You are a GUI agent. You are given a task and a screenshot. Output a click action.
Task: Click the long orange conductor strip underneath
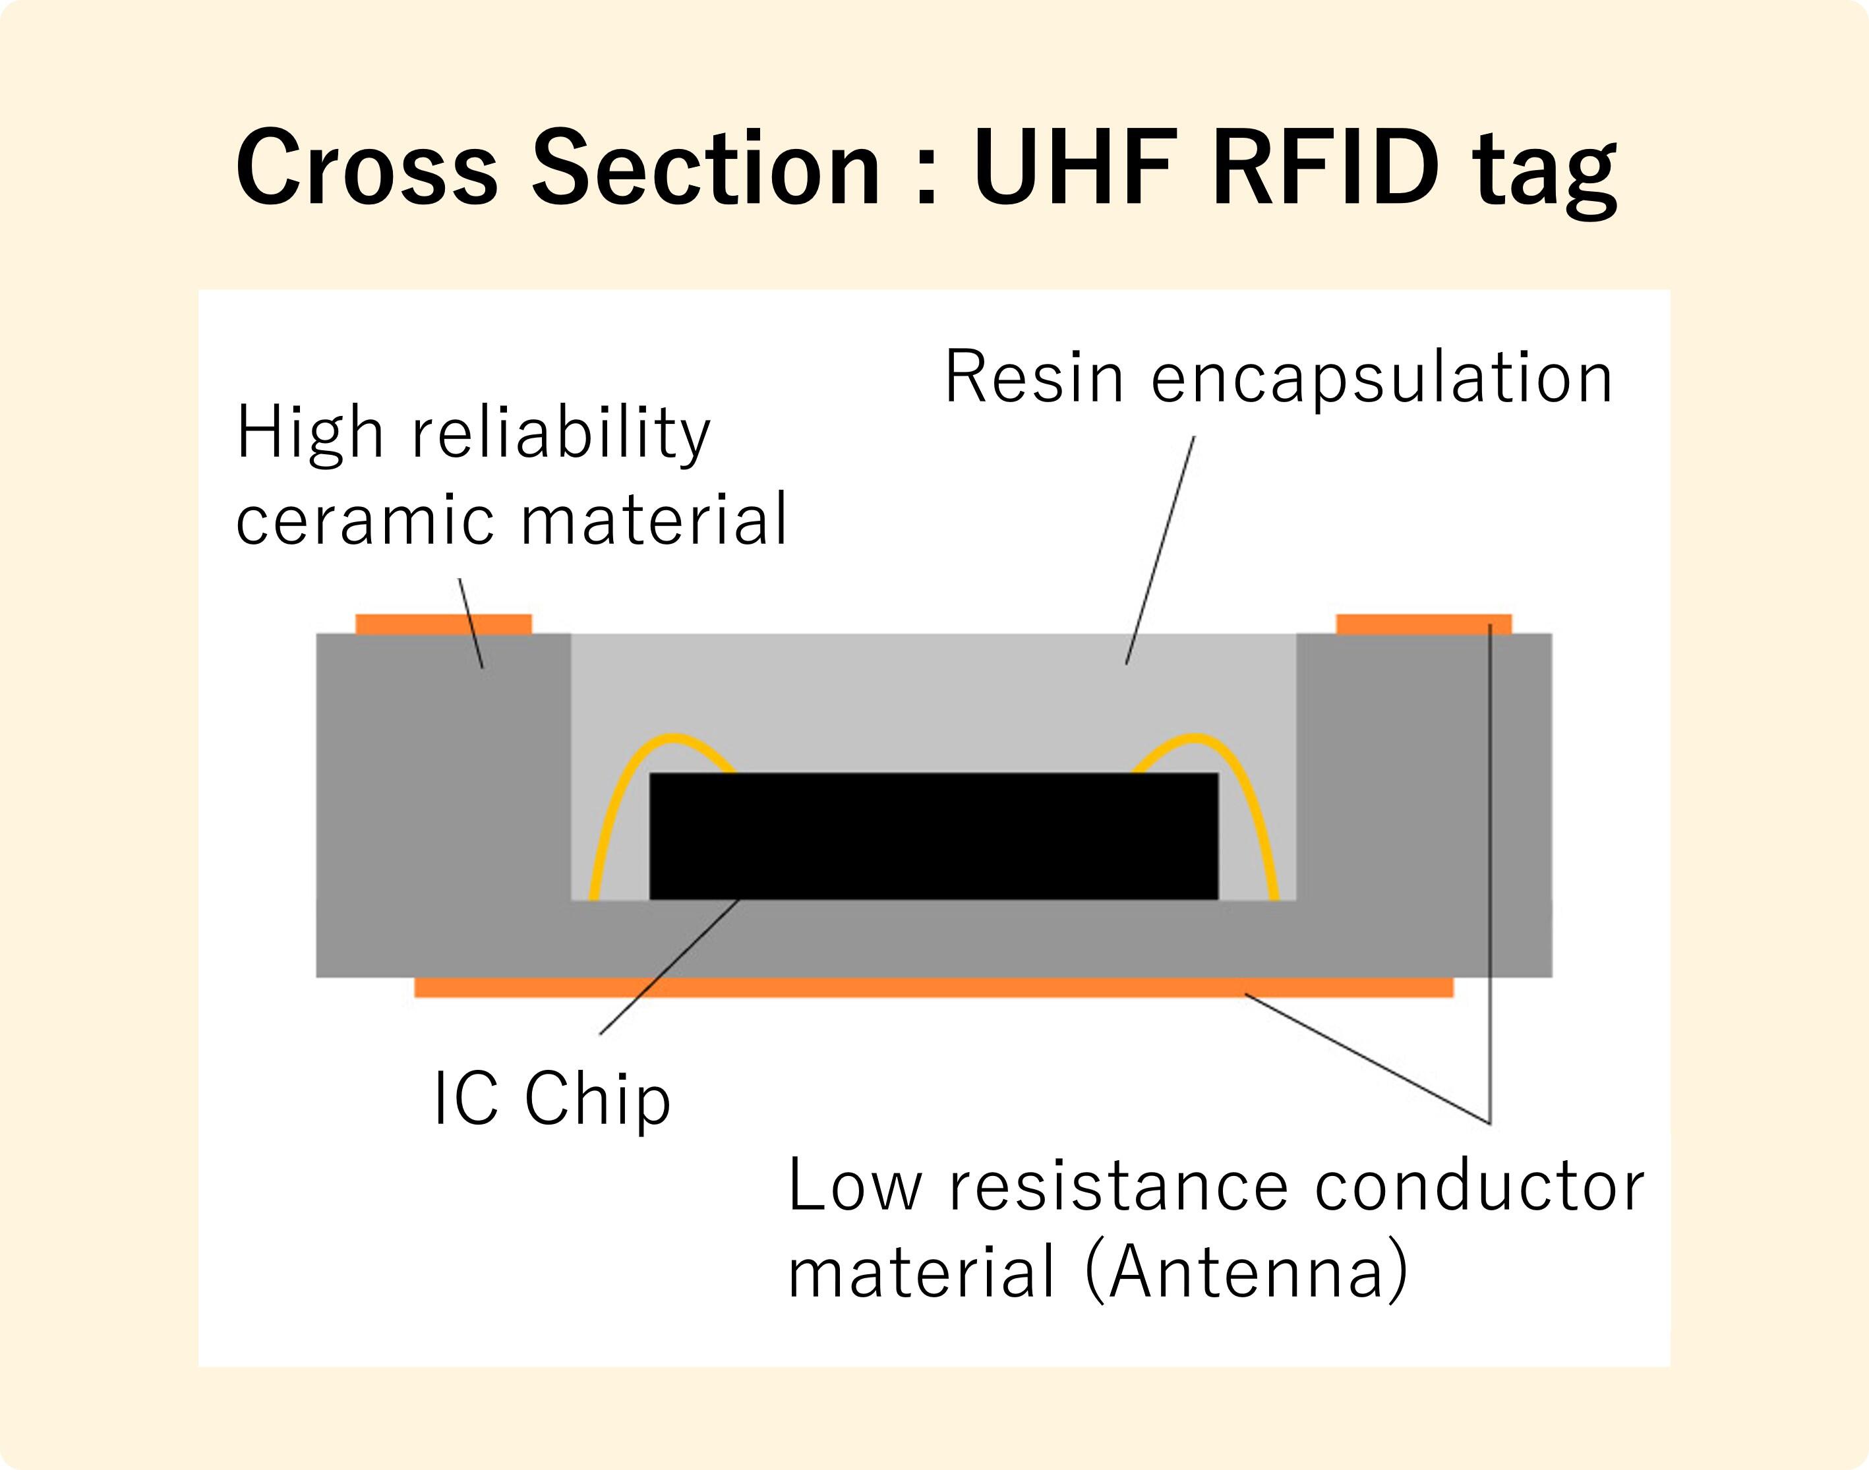934,987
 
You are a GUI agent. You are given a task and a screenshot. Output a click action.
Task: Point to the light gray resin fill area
934,697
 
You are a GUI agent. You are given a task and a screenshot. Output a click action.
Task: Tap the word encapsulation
1381,378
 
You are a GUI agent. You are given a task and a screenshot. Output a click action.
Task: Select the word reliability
560,434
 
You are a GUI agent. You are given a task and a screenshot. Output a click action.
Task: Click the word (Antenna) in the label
1246,1272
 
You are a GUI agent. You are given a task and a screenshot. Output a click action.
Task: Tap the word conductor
1479,1186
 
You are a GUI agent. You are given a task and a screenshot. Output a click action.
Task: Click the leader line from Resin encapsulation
1160,551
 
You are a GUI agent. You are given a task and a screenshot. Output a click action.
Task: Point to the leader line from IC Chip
669,966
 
